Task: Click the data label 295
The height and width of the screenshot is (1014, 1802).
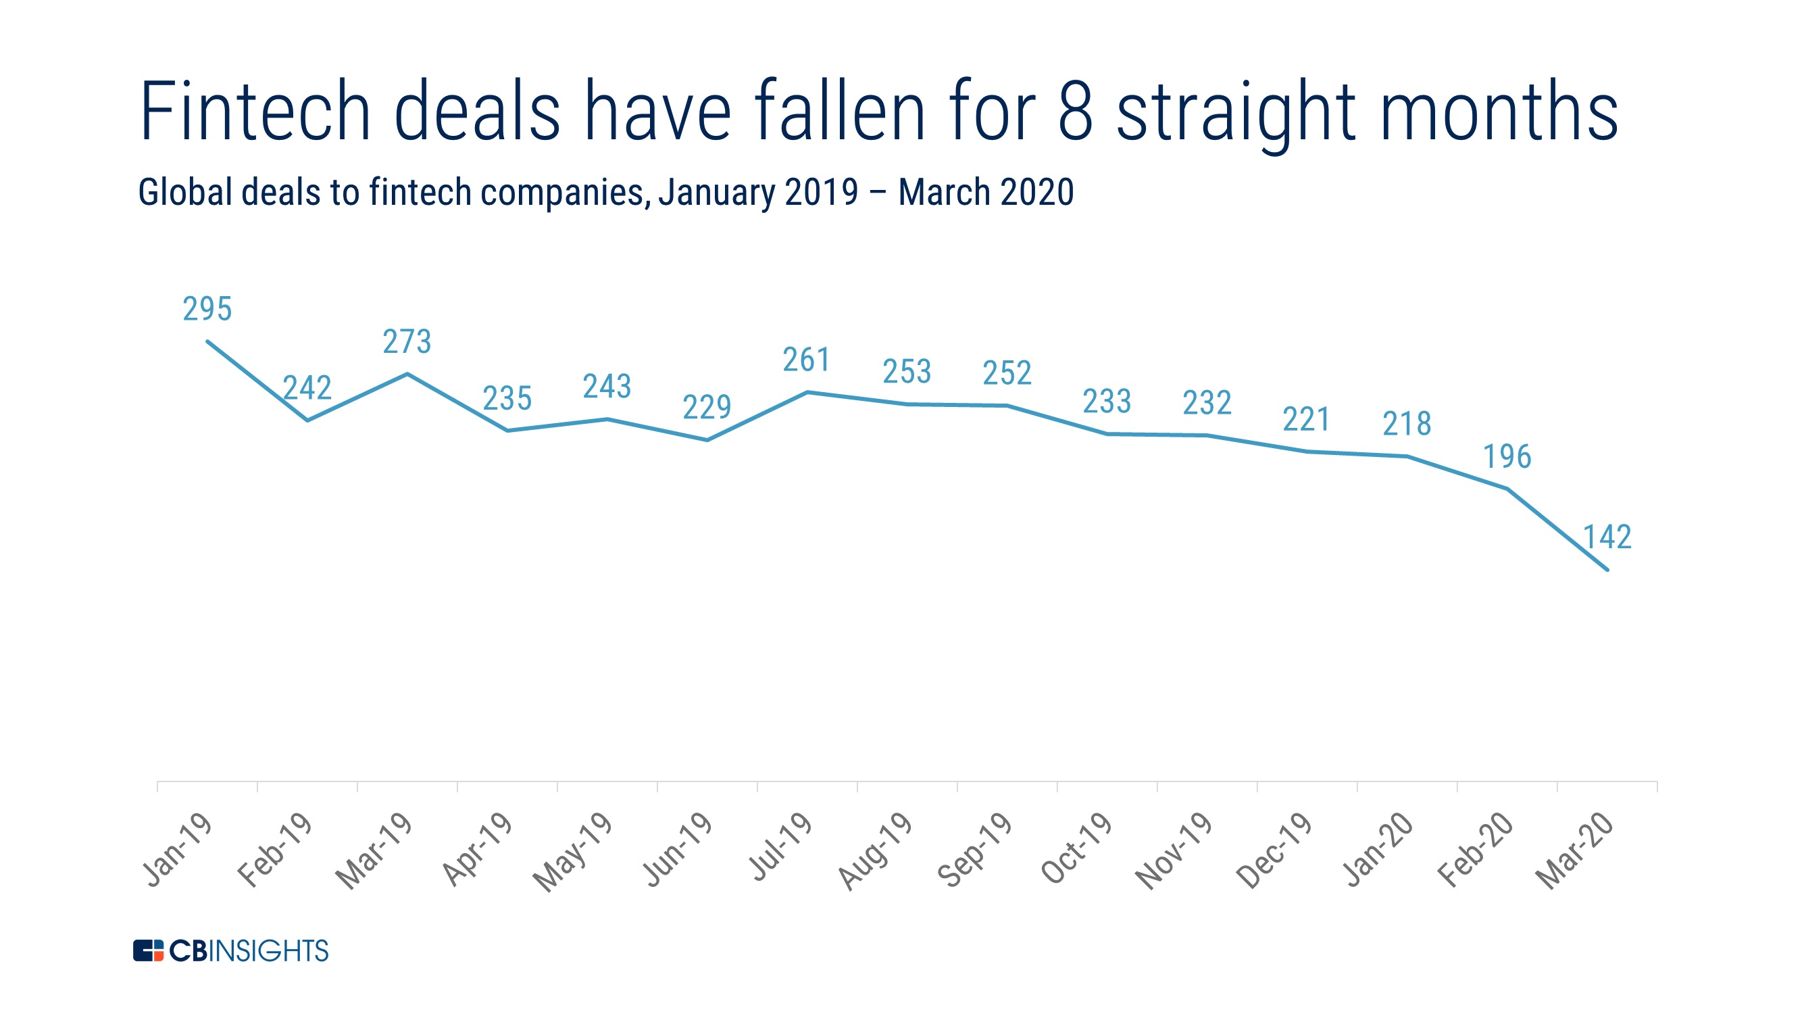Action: click(x=207, y=310)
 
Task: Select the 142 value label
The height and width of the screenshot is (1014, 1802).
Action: click(x=1607, y=537)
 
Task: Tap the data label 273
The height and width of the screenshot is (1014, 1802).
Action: click(x=407, y=342)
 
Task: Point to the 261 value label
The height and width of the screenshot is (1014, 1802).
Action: click(x=807, y=360)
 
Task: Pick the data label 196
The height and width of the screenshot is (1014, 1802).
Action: click(x=1507, y=457)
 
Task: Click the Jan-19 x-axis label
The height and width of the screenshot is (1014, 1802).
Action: click(x=178, y=850)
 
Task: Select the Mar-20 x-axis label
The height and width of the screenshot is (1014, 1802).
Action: click(x=1576, y=851)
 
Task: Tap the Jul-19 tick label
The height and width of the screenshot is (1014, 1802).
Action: click(x=780, y=847)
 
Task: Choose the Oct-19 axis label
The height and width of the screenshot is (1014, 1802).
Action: click(x=1077, y=850)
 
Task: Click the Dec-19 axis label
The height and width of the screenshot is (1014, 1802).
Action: click(x=1274, y=851)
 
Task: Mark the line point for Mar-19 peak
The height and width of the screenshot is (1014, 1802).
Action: click(x=407, y=375)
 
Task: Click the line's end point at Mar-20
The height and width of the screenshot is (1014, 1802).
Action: click(x=1607, y=570)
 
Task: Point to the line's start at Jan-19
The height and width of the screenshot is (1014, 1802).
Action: click(x=207, y=341)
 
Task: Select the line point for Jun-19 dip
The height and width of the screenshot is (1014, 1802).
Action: click(x=707, y=440)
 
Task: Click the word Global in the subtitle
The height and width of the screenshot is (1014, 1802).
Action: click(x=184, y=193)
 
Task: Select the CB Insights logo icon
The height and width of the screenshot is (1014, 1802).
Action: click(x=148, y=950)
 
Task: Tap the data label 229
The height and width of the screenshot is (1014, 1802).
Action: click(x=707, y=407)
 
